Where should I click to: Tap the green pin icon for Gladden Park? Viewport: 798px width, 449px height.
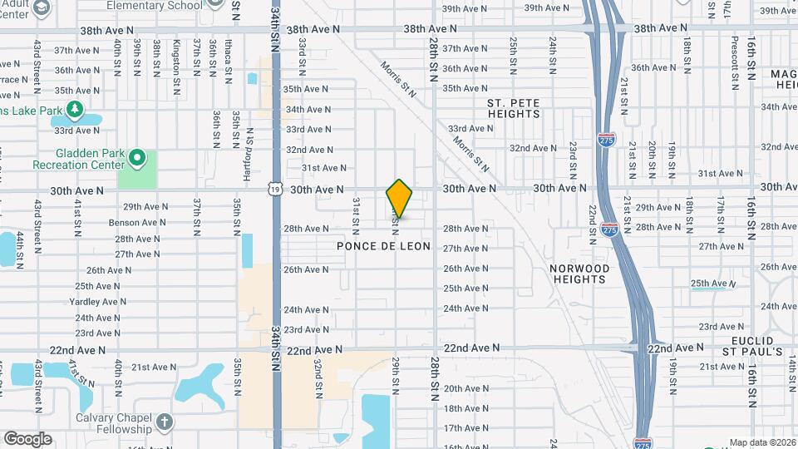click(138, 157)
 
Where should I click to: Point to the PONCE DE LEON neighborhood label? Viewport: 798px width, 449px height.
click(384, 247)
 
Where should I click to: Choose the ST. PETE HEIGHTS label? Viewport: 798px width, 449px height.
click(514, 108)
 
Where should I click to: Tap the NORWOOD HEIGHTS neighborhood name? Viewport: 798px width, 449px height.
click(579, 274)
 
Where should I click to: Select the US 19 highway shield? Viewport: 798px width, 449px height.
click(274, 190)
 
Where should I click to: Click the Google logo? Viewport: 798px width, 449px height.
click(27, 439)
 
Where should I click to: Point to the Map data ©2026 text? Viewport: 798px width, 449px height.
click(762, 443)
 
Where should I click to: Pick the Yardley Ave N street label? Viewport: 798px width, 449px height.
click(96, 302)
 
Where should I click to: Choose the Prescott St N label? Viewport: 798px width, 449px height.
click(735, 62)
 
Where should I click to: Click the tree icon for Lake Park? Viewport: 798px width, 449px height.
click(75, 109)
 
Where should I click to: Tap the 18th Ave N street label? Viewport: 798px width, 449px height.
click(465, 408)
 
